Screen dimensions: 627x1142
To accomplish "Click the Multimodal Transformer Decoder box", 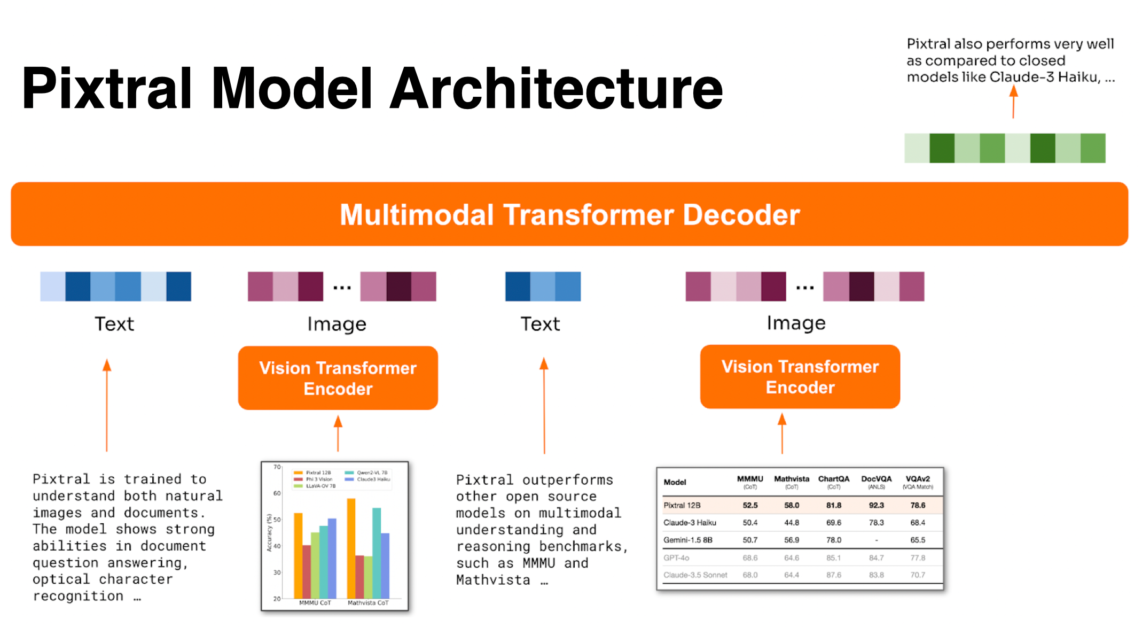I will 569,214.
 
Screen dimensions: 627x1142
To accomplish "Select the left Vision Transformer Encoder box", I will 338,378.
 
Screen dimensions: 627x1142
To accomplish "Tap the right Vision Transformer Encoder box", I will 800,376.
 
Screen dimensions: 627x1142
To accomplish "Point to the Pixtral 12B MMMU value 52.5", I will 750,505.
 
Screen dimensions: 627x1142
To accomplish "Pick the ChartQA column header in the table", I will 833,479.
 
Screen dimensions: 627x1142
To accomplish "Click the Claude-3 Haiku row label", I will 689,523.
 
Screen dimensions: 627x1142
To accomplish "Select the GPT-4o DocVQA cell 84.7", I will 876,558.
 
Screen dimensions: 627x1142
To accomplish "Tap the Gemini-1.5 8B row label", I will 687,540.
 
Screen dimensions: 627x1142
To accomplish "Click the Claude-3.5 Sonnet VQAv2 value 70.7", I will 918,575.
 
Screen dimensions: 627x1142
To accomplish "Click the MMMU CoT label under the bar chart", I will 315,603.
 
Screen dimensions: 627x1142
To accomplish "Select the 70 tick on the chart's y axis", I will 277,467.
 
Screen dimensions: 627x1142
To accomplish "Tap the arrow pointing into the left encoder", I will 338,434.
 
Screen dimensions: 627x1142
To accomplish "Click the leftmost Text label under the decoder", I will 114,324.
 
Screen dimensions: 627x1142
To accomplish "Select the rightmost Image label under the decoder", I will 796,323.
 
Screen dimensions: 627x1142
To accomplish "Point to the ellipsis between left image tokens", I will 342,288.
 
